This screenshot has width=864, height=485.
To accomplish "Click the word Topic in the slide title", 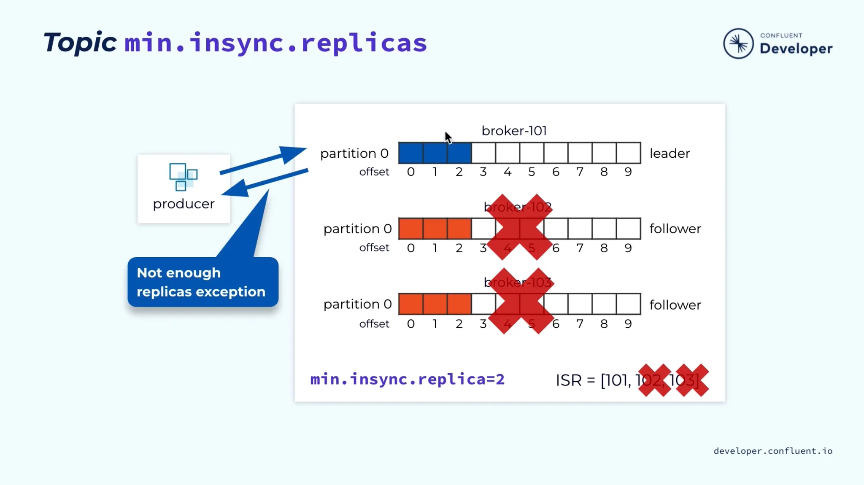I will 80,43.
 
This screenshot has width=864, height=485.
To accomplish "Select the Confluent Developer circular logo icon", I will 738,43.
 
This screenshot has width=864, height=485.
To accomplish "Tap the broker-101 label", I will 514,131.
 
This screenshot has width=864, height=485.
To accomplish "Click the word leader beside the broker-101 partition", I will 670,154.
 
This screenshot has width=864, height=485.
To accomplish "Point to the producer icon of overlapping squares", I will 183,177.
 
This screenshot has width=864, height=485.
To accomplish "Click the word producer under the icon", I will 184,204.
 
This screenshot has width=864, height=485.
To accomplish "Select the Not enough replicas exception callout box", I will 202,282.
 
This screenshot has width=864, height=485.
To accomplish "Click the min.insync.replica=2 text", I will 407,380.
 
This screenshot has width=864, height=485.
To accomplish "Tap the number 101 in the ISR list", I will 617,380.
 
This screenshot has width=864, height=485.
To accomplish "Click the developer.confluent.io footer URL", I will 773,451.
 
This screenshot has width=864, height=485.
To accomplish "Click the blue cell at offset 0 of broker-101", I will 411,153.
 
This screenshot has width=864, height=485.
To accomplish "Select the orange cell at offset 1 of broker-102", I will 435,229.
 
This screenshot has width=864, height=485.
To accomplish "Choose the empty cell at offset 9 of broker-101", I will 629,153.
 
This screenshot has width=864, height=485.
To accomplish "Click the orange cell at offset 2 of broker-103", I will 459,304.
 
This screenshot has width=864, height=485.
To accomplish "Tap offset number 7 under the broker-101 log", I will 580,172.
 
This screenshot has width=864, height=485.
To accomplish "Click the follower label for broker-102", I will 675,229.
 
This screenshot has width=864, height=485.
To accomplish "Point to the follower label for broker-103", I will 675,305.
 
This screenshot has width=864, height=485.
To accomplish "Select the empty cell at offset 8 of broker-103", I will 604,304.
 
